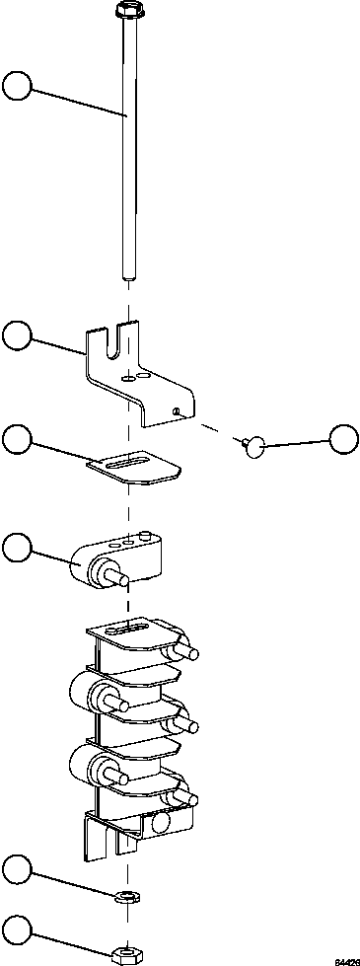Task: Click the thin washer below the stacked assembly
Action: [125, 896]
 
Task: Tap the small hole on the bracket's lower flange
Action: [175, 409]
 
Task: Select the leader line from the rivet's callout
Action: [296, 443]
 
